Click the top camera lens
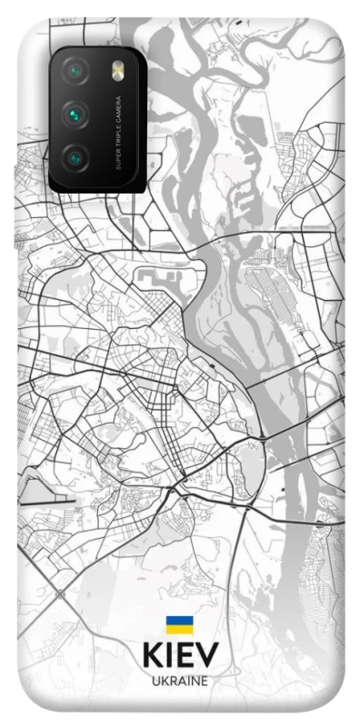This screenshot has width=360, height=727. [75, 71]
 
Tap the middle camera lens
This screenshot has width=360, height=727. [75, 115]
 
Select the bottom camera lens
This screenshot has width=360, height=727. [75, 157]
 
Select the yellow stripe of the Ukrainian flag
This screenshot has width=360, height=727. [179, 629]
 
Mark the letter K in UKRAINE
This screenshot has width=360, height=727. [164, 681]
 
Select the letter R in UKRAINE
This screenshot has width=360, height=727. [173, 681]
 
